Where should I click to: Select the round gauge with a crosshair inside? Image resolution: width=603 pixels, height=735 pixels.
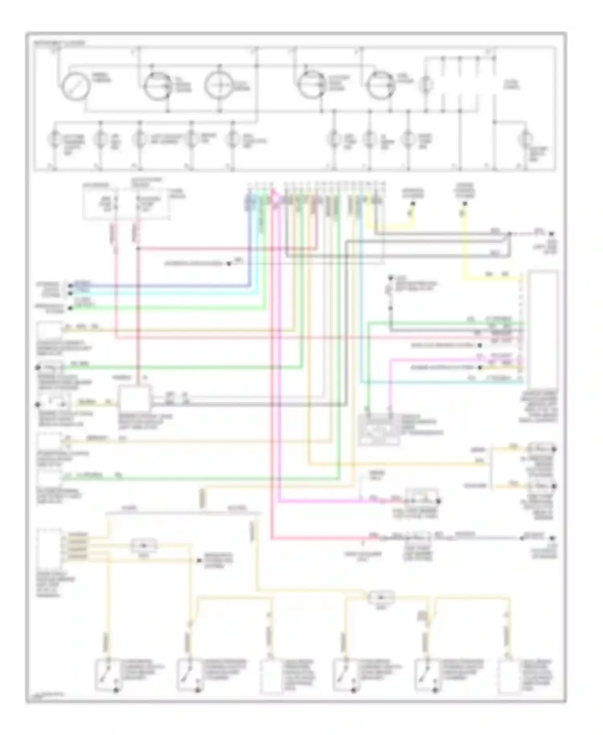(219, 86)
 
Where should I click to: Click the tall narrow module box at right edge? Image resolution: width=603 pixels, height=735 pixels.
(543, 329)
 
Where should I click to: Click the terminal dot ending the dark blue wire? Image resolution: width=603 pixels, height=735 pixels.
(71, 286)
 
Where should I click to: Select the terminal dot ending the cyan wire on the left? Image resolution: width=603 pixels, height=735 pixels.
(71, 293)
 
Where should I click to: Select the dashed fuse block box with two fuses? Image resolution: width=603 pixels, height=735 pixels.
(126, 204)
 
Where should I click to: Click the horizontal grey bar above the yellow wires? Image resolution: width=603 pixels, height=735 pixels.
(183, 513)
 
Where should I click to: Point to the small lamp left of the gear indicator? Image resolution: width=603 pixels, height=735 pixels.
(429, 85)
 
